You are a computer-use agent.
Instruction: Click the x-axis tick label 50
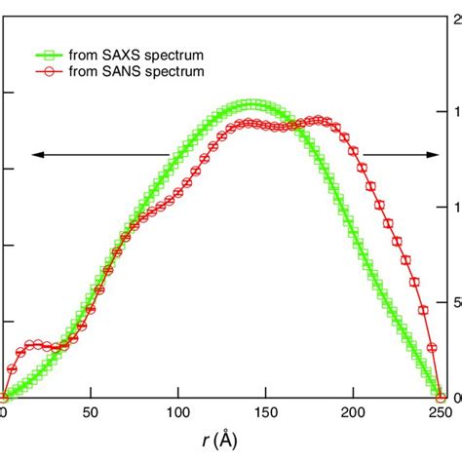[90, 414]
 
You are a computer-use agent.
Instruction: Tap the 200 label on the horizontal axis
[353, 414]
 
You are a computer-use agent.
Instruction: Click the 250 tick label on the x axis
[440, 414]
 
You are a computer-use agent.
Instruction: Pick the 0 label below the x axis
[4, 414]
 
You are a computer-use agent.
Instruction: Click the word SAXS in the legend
[118, 55]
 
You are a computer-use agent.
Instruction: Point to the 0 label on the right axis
[455, 398]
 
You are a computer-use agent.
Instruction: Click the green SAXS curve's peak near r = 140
[250, 104]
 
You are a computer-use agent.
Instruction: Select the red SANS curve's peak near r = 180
[318, 120]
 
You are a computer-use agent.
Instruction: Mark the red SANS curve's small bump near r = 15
[31, 344]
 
